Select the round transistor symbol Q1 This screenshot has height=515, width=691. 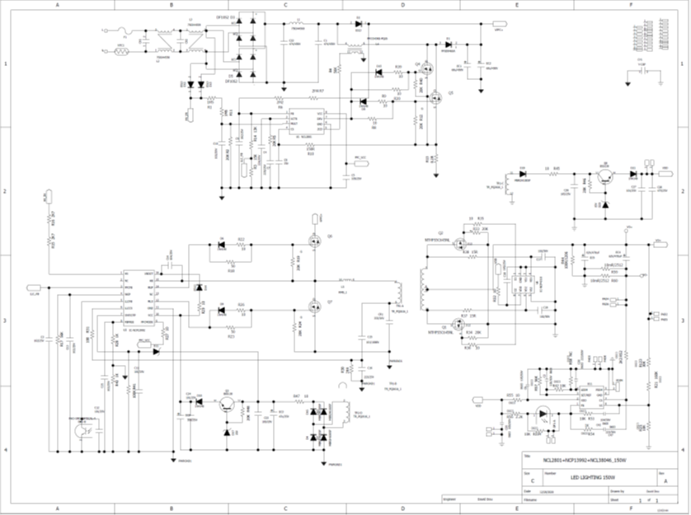point(224,405)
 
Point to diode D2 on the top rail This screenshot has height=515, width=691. point(358,24)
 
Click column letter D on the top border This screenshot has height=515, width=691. point(402,5)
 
